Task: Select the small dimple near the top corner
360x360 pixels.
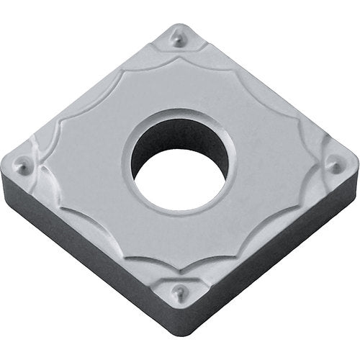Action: point(178,42)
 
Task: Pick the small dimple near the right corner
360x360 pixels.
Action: point(334,166)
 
